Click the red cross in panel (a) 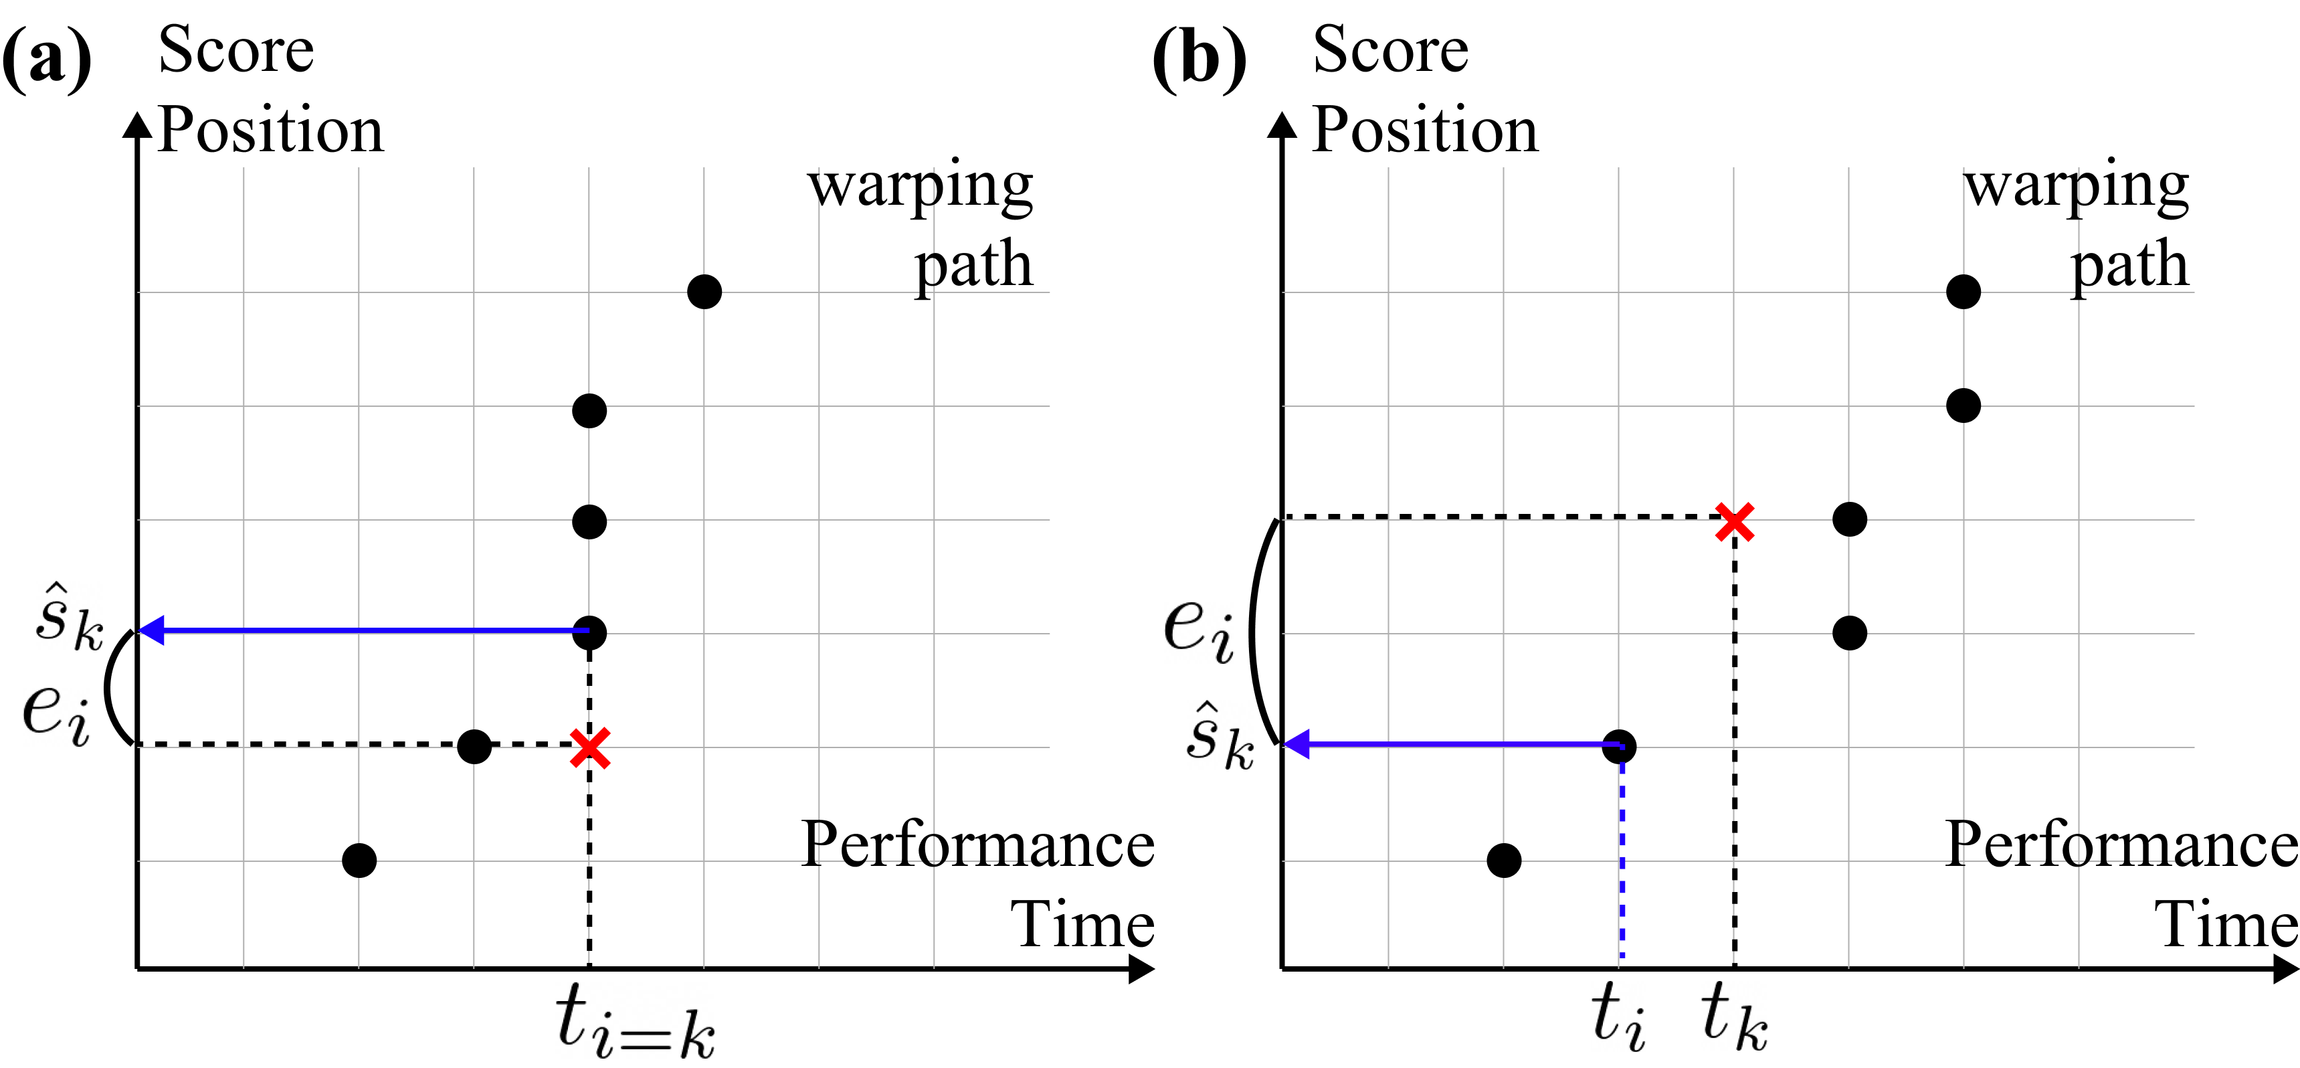point(590,748)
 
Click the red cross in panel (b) point(1734,523)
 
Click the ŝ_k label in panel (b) point(1220,737)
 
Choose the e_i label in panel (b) point(1198,628)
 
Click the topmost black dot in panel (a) point(704,292)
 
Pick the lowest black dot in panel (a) point(359,860)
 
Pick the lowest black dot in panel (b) point(1504,860)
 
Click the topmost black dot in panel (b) point(1963,292)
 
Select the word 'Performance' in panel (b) point(2121,844)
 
